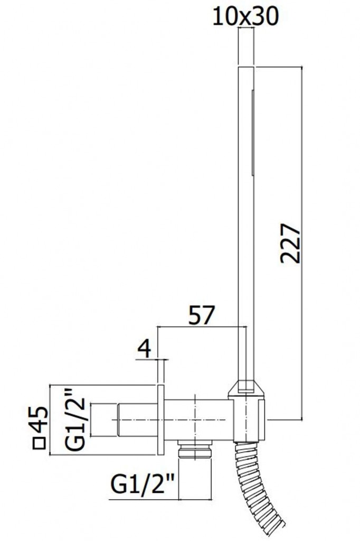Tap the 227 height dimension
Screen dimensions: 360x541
[291, 243]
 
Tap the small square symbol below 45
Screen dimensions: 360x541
[39, 443]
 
